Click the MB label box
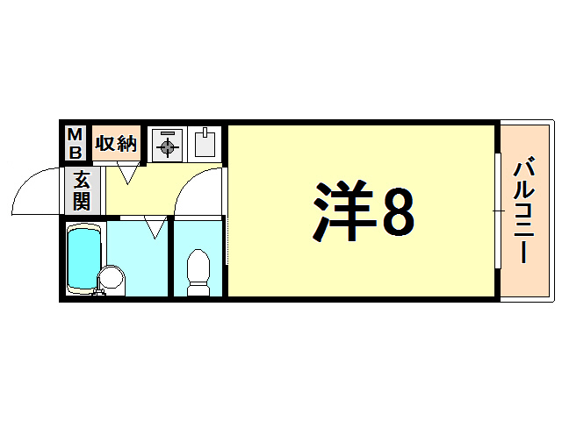pos(76,143)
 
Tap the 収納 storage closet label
pos(116,143)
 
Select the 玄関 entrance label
pos(81,190)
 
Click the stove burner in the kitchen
pos(166,146)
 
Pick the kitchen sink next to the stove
pos(204,144)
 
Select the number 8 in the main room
pos(396,213)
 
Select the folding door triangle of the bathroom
pos(155,229)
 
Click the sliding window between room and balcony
pos(496,211)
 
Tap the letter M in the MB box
pos(76,134)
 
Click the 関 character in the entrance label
pos(81,201)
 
